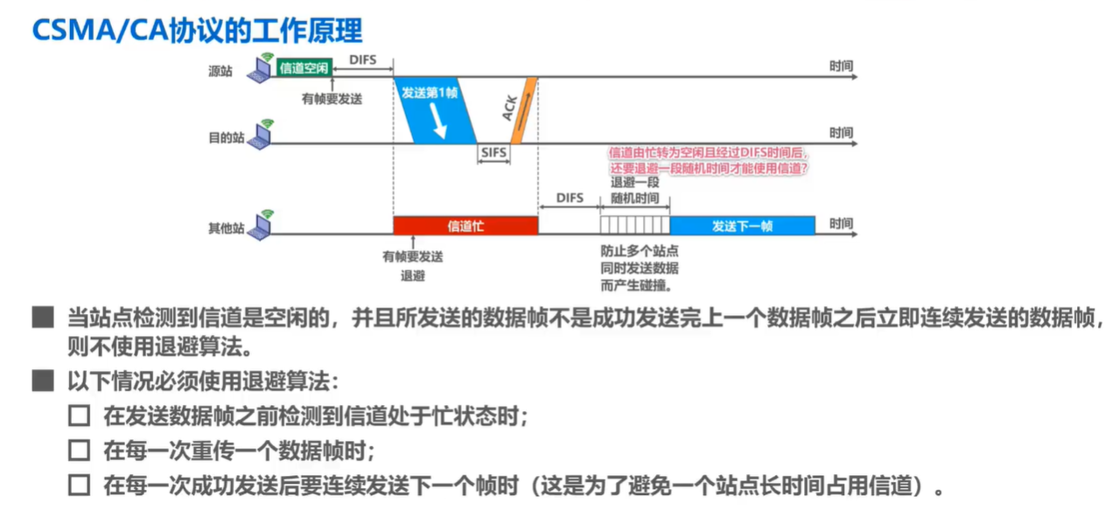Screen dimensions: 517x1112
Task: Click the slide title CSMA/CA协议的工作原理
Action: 197,30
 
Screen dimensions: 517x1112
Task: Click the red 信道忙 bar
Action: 465,226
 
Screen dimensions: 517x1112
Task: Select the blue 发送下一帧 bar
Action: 742,226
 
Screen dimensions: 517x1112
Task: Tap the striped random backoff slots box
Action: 634,226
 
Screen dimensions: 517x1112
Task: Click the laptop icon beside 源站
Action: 260,68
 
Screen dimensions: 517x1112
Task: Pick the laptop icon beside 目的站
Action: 260,135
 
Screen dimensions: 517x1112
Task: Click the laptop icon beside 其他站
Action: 260,225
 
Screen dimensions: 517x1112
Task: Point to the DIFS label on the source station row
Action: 362,59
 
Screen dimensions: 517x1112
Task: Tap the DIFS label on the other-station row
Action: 570,199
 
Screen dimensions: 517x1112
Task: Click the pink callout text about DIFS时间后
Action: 709,160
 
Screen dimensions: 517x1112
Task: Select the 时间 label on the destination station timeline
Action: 841,133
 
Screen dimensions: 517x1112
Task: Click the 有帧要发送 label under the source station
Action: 332,99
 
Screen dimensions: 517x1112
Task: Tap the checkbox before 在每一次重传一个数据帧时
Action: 80,451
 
